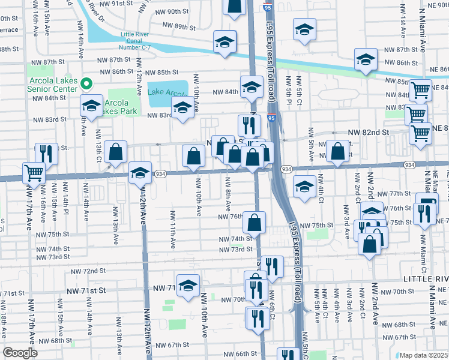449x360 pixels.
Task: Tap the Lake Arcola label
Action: pyautogui.click(x=168, y=92)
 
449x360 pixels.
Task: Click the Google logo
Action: pyautogui.click(x=20, y=353)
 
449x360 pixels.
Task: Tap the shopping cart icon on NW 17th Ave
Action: pyautogui.click(x=34, y=173)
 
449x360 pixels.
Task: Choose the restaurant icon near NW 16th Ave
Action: pyautogui.click(x=46, y=154)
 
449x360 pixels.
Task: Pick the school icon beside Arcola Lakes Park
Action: pyautogui.click(x=91, y=106)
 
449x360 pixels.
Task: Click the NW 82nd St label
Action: pyautogui.click(x=369, y=131)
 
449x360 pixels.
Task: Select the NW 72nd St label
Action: pyautogui.click(x=88, y=271)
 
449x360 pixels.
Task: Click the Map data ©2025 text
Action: pyautogui.click(x=423, y=355)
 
